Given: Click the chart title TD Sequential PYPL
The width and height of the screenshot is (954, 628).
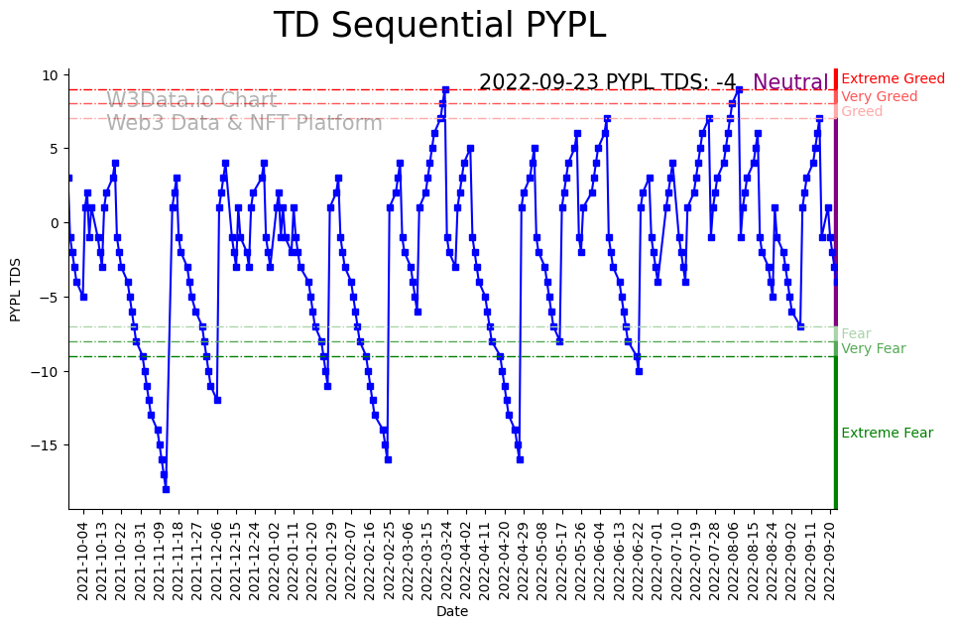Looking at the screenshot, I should tap(439, 26).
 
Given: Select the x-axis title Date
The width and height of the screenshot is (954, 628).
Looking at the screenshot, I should tap(452, 612).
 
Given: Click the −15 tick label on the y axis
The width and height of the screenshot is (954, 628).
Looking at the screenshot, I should tap(46, 445).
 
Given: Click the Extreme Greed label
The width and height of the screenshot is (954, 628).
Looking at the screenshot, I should tap(893, 79).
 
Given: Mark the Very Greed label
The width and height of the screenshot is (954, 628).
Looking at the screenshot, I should tap(879, 97).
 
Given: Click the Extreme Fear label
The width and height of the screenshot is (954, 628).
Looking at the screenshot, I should tap(887, 434).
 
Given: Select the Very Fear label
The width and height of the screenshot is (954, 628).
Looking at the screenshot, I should tap(873, 349).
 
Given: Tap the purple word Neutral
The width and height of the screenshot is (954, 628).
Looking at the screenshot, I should tap(790, 83).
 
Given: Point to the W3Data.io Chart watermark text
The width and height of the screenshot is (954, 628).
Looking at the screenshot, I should tap(191, 100).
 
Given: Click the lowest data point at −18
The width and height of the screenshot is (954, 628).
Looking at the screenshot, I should tap(166, 489).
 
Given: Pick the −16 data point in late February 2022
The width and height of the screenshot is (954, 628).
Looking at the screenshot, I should tap(388, 459).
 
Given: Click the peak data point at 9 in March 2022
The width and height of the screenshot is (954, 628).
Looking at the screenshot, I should tap(445, 89).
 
